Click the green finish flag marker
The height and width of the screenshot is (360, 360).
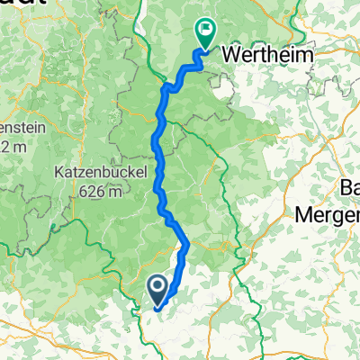pyautogui.click(x=204, y=34)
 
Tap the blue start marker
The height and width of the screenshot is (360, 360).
pyautogui.click(x=156, y=290)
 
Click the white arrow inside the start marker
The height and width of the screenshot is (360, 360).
pyautogui.click(x=156, y=288)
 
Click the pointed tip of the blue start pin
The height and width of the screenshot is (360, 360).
pyautogui.click(x=156, y=306)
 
